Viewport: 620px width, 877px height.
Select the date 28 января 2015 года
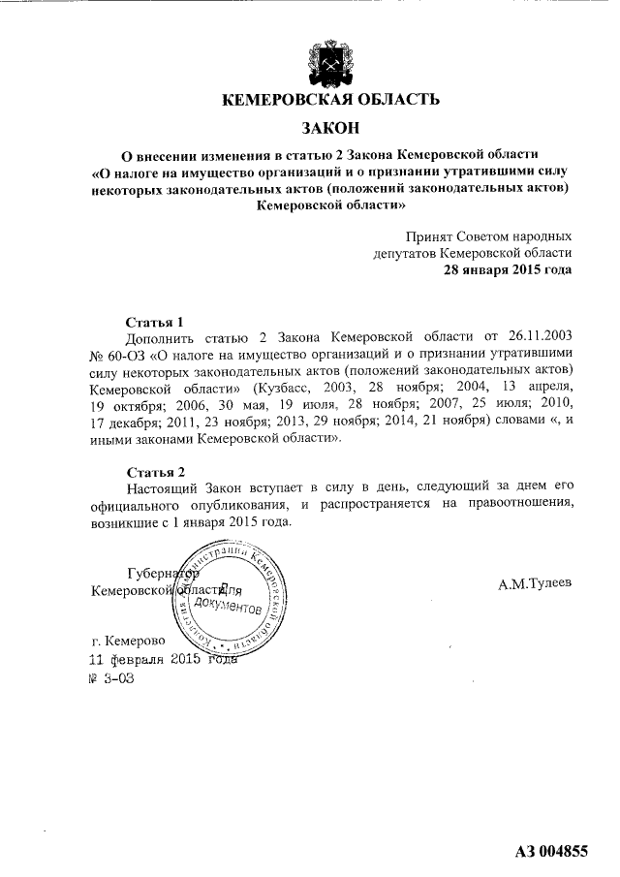(507, 270)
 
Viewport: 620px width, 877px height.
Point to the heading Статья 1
(154, 322)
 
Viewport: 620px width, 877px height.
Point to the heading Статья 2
(154, 472)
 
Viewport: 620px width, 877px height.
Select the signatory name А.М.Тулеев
(535, 583)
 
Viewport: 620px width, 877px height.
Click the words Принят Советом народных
(488, 235)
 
